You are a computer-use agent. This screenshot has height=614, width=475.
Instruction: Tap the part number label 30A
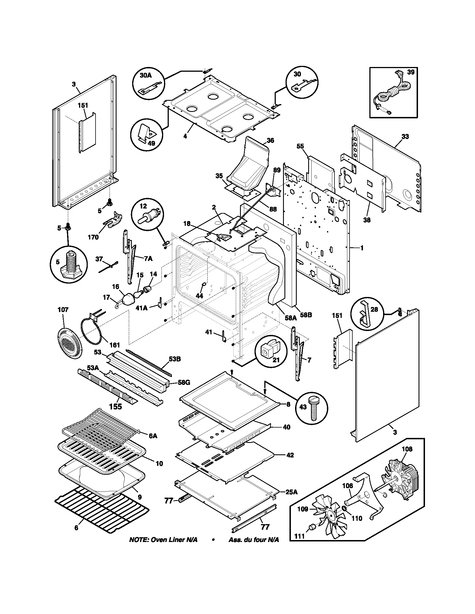pyautogui.click(x=146, y=75)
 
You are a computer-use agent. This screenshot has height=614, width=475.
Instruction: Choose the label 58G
pyautogui.click(x=184, y=382)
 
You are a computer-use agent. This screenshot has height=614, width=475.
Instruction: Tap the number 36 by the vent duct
pyautogui.click(x=270, y=140)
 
